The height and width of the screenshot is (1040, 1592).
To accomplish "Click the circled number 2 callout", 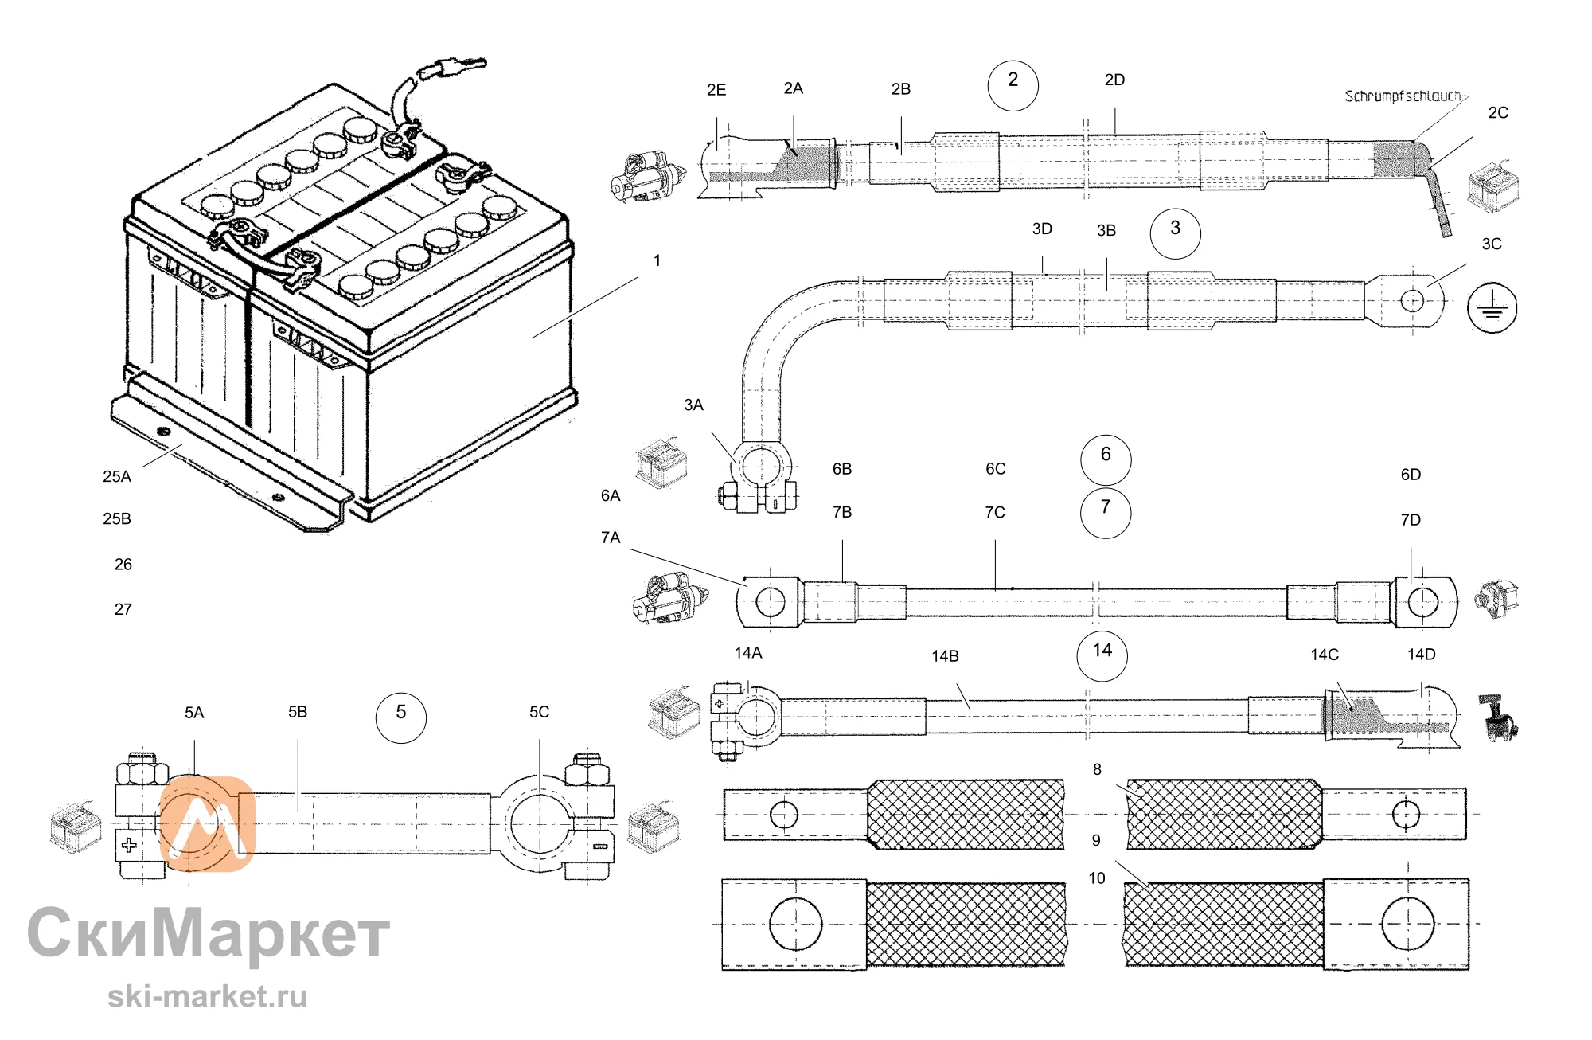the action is coord(1013,85).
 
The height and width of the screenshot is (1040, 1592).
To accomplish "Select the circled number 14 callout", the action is coord(1102,655).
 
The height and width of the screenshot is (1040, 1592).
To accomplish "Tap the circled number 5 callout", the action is coord(400,717).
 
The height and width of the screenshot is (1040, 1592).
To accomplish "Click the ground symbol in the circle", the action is coord(1492,307).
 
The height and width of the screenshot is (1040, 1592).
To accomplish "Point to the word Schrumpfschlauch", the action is coord(1403,96).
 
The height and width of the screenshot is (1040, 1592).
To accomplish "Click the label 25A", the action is coord(117,476).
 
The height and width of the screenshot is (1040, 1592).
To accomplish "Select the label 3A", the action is coord(693,405).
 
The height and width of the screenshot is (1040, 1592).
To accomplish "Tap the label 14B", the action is coord(945,656).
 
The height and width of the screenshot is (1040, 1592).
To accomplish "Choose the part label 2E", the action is coord(716,90).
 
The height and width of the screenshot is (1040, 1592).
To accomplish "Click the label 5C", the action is coord(539,712).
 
